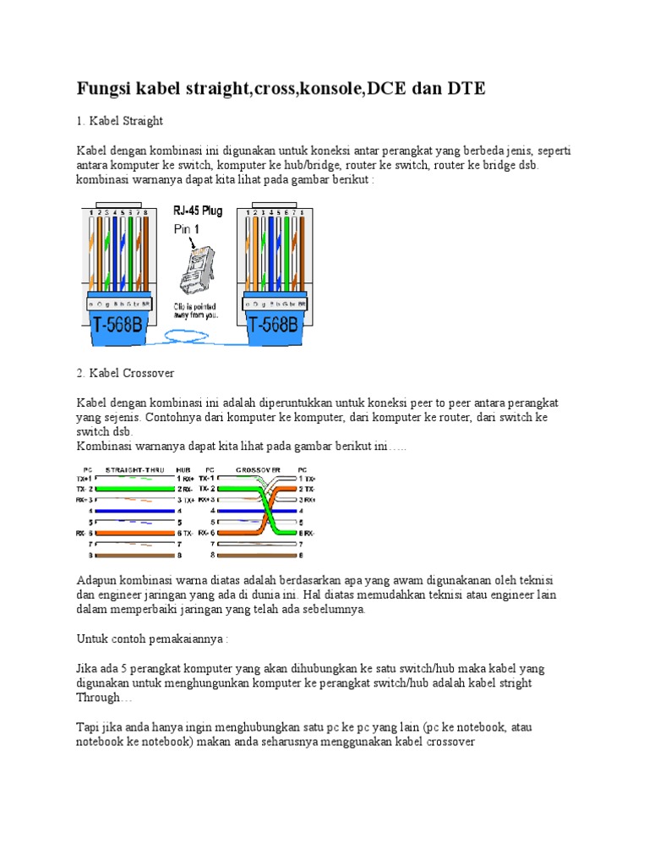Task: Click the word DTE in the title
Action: coord(464,87)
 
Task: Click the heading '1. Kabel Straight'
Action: coord(119,121)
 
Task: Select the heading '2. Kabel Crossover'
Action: coord(125,372)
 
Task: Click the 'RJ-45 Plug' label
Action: coord(198,211)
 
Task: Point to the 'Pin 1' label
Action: coord(188,229)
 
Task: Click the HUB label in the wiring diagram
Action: coord(183,469)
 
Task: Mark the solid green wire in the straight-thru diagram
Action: coord(135,489)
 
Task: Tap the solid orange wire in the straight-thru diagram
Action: coord(135,534)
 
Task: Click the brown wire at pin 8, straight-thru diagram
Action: coord(135,556)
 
